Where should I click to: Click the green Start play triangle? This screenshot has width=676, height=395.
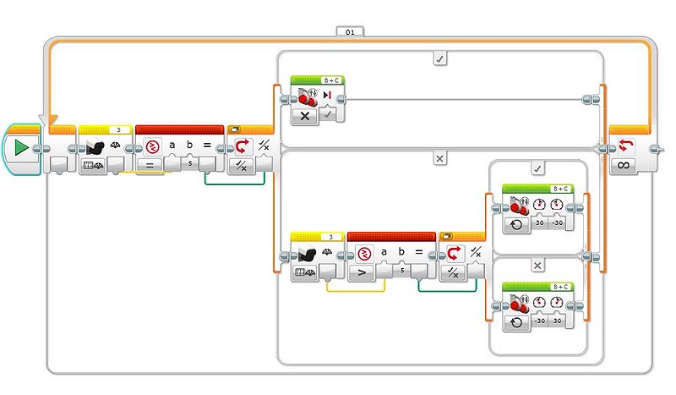click(x=20, y=148)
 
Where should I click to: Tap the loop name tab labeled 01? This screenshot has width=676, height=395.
click(x=350, y=32)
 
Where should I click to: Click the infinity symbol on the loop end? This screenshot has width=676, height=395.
click(x=624, y=164)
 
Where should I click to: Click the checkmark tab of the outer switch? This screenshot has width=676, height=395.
click(x=439, y=58)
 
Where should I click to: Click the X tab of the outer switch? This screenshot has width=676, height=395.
click(x=439, y=158)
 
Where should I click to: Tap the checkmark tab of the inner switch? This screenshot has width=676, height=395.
click(x=537, y=169)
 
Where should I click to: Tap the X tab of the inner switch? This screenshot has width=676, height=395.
click(x=537, y=265)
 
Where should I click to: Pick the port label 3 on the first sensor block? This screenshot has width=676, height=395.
click(x=119, y=129)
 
